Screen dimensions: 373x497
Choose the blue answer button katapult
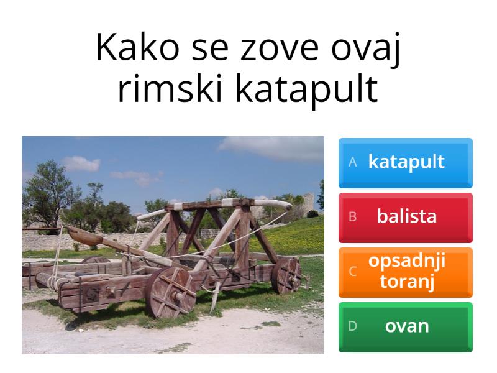(406, 162)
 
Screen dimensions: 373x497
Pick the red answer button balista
(406, 217)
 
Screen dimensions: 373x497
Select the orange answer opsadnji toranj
(406, 272)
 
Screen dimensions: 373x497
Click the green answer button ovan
(406, 326)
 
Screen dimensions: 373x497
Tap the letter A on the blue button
(353, 162)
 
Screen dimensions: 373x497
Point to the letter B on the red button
(352, 217)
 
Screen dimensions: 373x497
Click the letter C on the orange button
(352, 272)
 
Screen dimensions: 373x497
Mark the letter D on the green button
(352, 326)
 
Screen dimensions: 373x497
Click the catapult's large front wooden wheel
(170, 292)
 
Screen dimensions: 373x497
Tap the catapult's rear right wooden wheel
(286, 275)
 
